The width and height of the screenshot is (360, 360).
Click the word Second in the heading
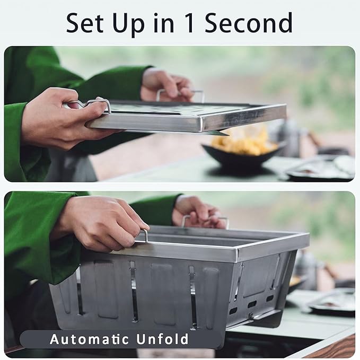coord(249,23)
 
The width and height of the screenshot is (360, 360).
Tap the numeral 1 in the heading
coord(190,23)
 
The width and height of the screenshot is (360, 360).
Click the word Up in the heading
coord(128,24)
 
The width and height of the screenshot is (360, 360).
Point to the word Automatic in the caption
coord(90,339)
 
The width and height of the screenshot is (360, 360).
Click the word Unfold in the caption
coord(162,339)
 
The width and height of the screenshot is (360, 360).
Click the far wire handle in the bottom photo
coord(205,221)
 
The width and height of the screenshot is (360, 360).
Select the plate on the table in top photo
coord(319,168)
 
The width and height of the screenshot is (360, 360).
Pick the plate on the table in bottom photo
coord(331,301)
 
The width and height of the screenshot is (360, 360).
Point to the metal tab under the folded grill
coord(219,133)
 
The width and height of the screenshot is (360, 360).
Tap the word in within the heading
coord(164,23)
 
